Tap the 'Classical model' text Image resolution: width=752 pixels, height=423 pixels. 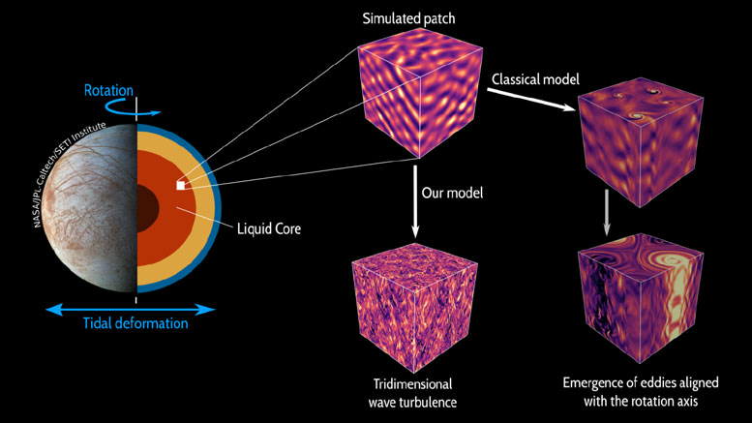pos(534,77)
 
